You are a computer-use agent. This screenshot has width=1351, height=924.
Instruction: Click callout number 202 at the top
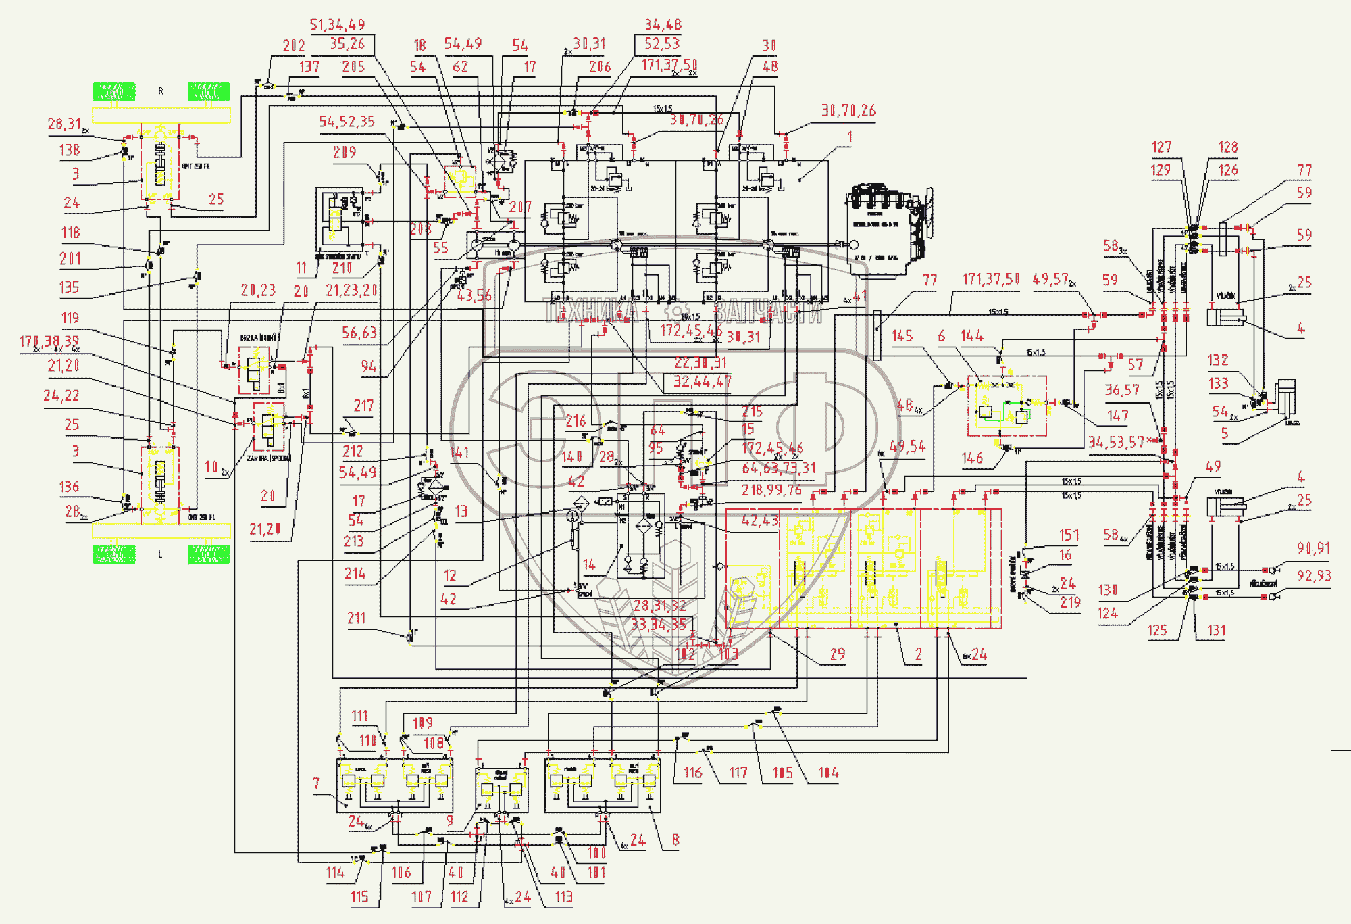point(294,46)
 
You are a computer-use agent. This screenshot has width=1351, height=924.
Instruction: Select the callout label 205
point(353,67)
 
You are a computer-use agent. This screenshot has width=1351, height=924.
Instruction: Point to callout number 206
point(600,67)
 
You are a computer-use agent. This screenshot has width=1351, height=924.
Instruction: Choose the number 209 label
point(345,153)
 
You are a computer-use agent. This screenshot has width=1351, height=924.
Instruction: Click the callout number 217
point(363,406)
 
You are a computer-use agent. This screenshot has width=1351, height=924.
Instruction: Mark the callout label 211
point(357,618)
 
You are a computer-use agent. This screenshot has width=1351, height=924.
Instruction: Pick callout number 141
point(459,453)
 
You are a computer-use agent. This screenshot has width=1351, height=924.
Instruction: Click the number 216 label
point(576,421)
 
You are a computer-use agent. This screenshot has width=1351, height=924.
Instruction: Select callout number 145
point(902,337)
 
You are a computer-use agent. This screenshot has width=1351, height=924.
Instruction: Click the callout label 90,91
point(1313,549)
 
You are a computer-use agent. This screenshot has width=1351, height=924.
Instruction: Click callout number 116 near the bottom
point(693,773)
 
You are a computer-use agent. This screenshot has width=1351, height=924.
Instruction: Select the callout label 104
point(828,773)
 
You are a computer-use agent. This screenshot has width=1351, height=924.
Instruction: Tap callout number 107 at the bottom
point(422,897)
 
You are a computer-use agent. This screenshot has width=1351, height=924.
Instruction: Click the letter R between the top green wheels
point(161,91)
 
